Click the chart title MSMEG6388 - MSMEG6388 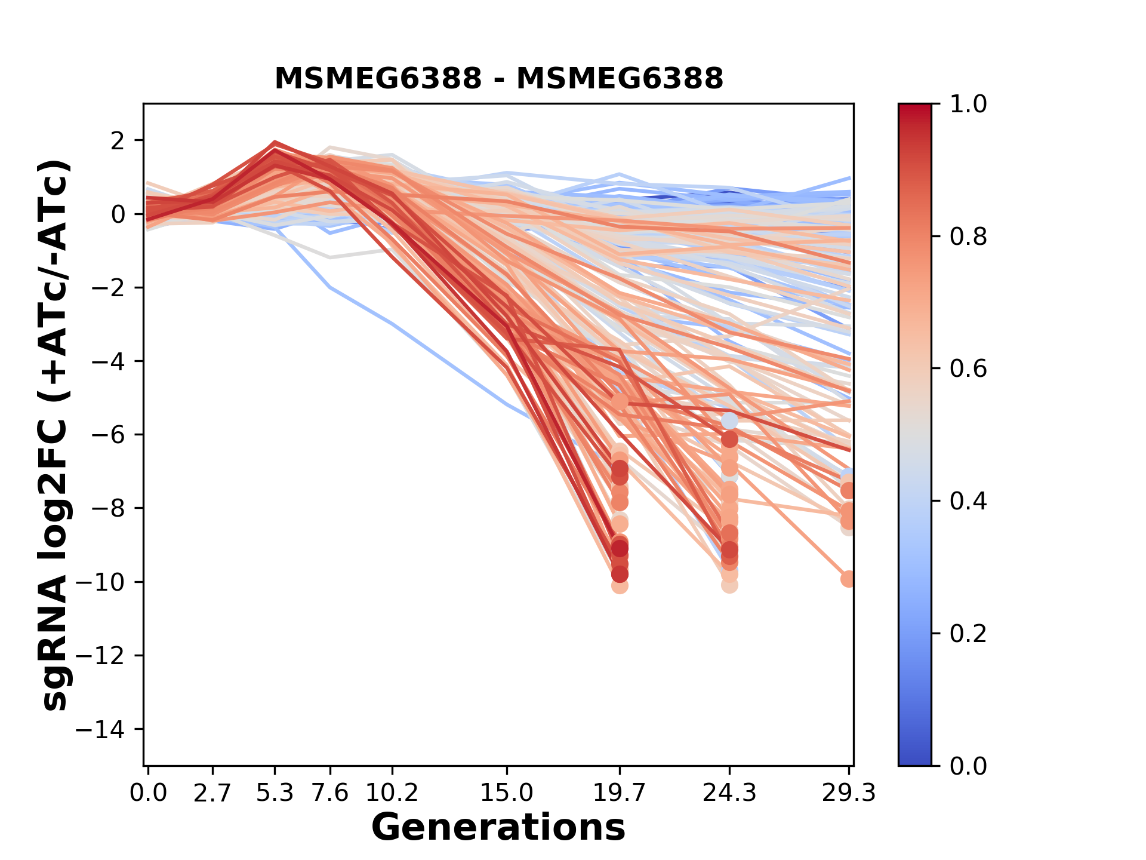click(x=498, y=78)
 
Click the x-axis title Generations click(x=498, y=828)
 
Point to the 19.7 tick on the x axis click(x=620, y=793)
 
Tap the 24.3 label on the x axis click(x=729, y=793)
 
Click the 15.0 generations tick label click(x=507, y=793)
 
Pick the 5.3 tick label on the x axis click(x=275, y=793)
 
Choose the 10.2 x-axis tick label click(x=392, y=793)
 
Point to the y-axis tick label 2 click(x=118, y=141)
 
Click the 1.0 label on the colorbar click(x=968, y=105)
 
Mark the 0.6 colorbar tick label click(x=968, y=369)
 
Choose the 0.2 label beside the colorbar click(x=968, y=634)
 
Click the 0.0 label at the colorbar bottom click(x=968, y=766)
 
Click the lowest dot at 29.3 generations click(x=848, y=579)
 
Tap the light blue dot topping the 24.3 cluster click(x=729, y=421)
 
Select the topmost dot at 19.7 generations click(x=620, y=402)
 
